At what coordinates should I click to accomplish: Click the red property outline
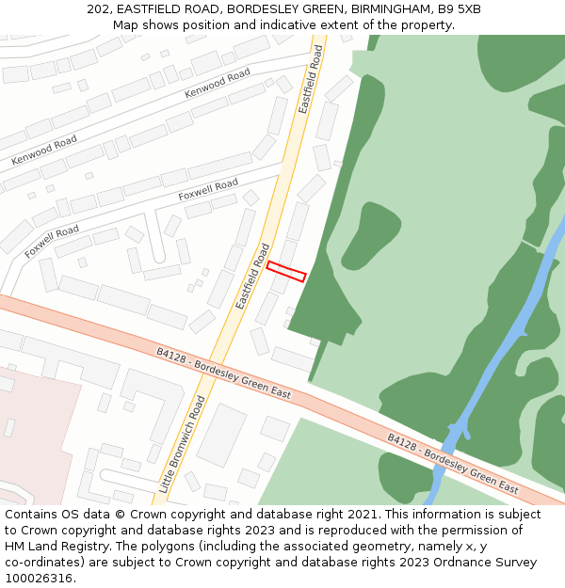tap(286, 271)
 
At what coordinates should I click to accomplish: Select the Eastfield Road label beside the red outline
tap(252, 277)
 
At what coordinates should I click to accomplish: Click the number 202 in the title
tap(97, 8)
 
